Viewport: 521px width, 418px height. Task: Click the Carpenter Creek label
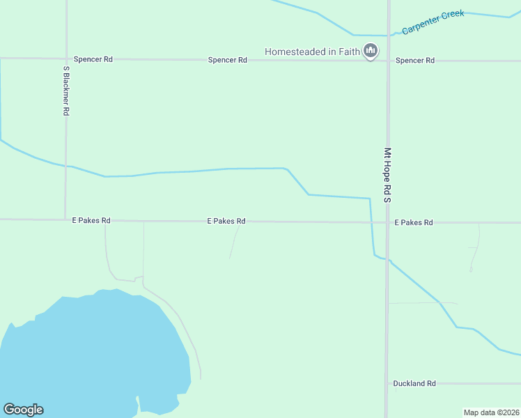[x=433, y=22]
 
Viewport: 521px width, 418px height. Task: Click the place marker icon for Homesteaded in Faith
[x=371, y=51]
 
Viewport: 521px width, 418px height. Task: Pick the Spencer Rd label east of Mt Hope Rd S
[x=415, y=61]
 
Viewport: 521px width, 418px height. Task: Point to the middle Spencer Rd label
[x=227, y=60]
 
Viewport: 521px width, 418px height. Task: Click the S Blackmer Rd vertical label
[x=66, y=91]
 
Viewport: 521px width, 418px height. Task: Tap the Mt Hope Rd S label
[x=388, y=174]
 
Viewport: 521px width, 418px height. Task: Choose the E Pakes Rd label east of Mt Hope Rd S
[x=414, y=222]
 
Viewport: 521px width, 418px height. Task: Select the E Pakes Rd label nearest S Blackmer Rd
[x=91, y=220]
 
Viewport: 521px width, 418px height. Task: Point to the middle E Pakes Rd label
[x=226, y=221]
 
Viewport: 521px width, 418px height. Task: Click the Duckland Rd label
[x=414, y=383]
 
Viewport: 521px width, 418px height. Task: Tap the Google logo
[x=23, y=410]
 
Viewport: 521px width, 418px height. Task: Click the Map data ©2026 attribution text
[x=491, y=412]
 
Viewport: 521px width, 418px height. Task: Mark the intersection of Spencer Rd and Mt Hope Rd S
[x=388, y=61]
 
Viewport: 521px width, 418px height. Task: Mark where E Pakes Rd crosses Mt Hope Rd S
[x=387, y=222]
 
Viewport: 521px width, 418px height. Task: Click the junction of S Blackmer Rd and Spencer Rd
[x=66, y=59]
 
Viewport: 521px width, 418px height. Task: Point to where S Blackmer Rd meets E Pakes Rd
[x=65, y=219]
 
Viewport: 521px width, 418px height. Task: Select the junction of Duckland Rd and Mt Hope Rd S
[x=387, y=383]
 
